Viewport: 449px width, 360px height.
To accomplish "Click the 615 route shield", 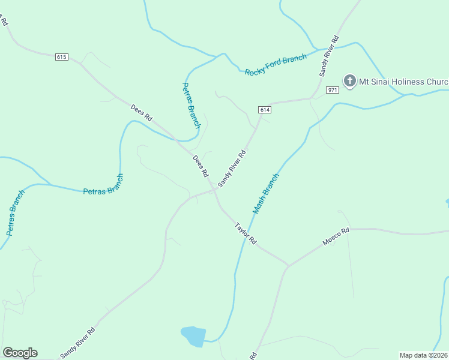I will pyautogui.click(x=61, y=57).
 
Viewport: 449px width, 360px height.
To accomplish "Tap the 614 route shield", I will pyautogui.click(x=265, y=109).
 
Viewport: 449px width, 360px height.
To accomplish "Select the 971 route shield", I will pyautogui.click(x=333, y=89).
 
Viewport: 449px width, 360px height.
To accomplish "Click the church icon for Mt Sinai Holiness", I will pyautogui.click(x=349, y=80).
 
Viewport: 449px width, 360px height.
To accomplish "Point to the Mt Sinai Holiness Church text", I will pyautogui.click(x=404, y=82).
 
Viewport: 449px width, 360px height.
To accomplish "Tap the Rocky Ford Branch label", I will pyautogui.click(x=276, y=65).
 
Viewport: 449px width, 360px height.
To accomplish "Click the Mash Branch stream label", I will pyautogui.click(x=266, y=193).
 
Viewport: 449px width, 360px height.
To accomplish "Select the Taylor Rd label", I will pyautogui.click(x=246, y=233).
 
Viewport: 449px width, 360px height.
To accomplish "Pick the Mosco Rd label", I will pyautogui.click(x=336, y=236).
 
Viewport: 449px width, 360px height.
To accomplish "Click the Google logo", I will pyautogui.click(x=20, y=353).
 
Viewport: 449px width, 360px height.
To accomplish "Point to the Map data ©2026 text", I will pyautogui.click(x=424, y=355).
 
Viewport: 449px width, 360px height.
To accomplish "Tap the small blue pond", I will pyautogui.click(x=193, y=336).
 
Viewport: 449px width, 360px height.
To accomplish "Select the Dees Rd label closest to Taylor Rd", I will pyautogui.click(x=200, y=166).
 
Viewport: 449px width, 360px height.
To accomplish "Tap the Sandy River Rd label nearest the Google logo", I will pyautogui.click(x=77, y=343).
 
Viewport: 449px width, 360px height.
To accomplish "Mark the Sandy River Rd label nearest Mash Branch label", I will pyautogui.click(x=232, y=169).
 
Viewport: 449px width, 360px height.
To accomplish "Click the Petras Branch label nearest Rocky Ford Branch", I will pyautogui.click(x=190, y=106).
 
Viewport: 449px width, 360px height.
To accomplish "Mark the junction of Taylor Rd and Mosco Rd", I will pyautogui.click(x=288, y=265).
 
